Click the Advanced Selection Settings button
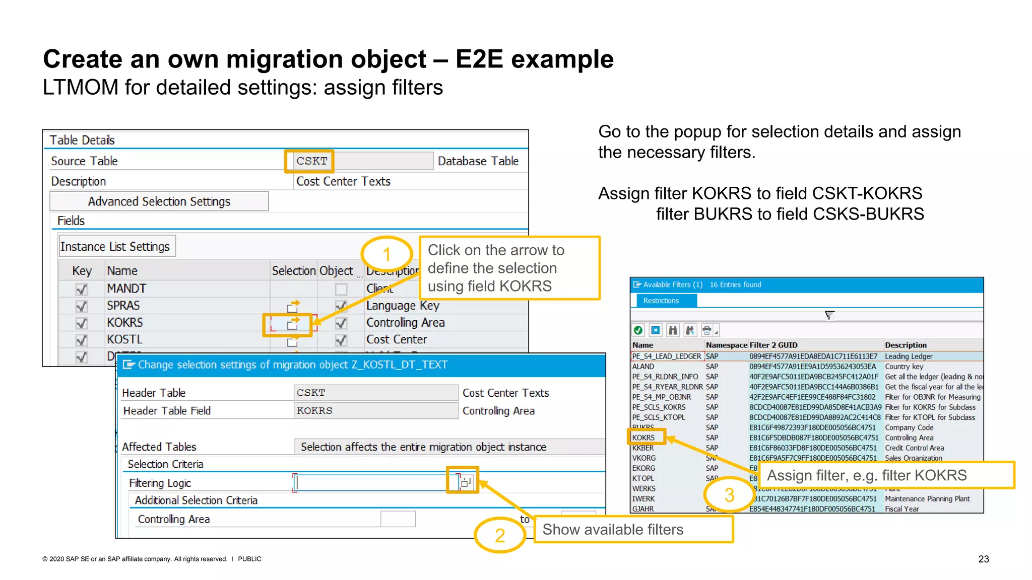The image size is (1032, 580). tap(159, 201)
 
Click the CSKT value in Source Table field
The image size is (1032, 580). tap(311, 161)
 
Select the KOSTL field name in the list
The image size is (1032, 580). tap(124, 339)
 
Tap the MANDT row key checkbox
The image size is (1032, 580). tap(81, 289)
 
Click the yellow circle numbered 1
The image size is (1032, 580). tap(386, 254)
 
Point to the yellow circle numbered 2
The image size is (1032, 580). tap(499, 535)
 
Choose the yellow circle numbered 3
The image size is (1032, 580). tap(729, 495)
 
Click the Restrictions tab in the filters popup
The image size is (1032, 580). tap(661, 301)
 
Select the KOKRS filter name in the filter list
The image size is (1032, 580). tap(643, 438)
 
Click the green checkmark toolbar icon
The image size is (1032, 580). tap(638, 330)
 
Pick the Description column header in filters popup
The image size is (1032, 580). tap(906, 345)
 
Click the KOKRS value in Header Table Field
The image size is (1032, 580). tap(315, 411)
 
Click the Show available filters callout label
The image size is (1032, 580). tap(613, 530)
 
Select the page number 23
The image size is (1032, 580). tap(983, 559)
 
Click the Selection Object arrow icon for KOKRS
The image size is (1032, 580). tap(293, 323)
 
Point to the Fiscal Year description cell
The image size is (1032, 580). tap(902, 509)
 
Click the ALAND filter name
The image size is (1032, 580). tap(643, 367)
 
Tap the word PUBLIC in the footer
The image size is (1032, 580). tap(249, 559)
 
